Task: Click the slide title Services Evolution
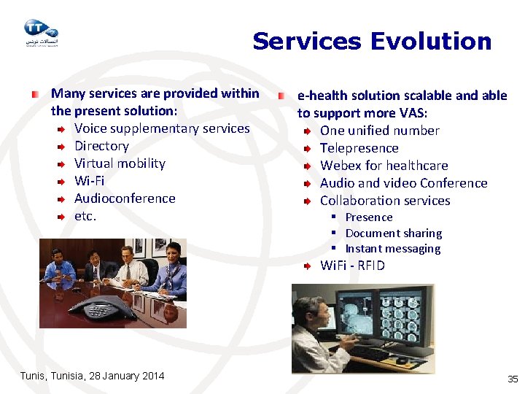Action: point(372,42)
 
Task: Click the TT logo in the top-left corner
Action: point(40,31)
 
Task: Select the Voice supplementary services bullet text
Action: point(162,128)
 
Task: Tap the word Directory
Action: point(101,146)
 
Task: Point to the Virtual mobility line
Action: point(120,163)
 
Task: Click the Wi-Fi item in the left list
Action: point(89,181)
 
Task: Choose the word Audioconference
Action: point(125,198)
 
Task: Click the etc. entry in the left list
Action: point(85,216)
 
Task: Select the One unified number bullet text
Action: point(379,131)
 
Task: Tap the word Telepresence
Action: point(359,148)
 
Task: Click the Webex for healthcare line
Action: point(384,166)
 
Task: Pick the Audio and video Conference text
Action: point(403,183)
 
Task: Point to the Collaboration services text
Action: point(385,201)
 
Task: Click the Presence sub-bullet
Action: point(368,217)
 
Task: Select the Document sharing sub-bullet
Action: point(393,233)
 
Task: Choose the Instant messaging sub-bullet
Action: point(392,249)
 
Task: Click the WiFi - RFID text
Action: point(352,266)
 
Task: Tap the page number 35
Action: point(512,379)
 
